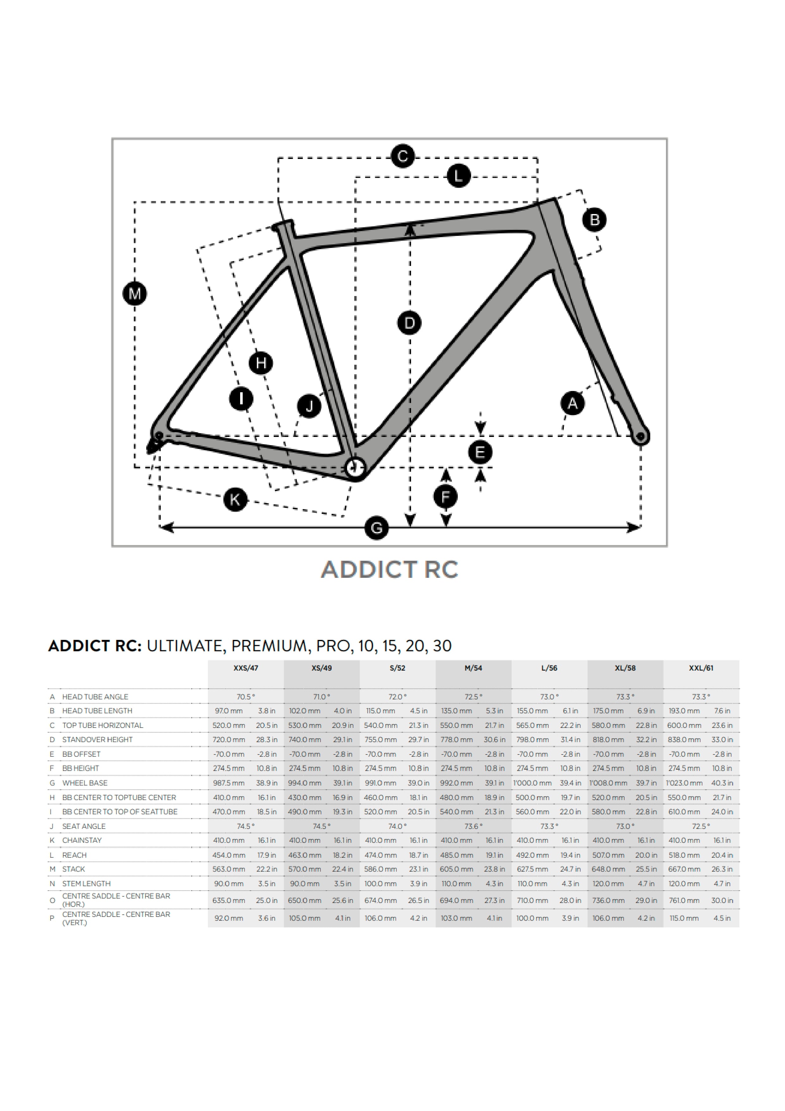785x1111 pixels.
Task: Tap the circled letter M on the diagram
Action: pyautogui.click(x=134, y=294)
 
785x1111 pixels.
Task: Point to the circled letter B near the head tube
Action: pyautogui.click(x=595, y=220)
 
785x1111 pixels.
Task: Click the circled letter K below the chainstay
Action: pyautogui.click(x=235, y=499)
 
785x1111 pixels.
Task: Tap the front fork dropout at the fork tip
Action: pyautogui.click(x=641, y=437)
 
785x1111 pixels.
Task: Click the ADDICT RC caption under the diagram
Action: pyautogui.click(x=389, y=570)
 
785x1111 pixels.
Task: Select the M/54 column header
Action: pyautogui.click(x=473, y=668)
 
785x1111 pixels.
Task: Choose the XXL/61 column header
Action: pyautogui.click(x=701, y=668)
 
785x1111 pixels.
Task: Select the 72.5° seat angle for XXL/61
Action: pyautogui.click(x=701, y=826)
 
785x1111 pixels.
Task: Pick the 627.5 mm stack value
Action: pyautogui.click(x=532, y=869)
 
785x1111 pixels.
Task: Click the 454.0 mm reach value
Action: pyautogui.click(x=229, y=855)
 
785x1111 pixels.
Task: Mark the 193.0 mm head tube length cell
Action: pyautogui.click(x=684, y=711)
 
